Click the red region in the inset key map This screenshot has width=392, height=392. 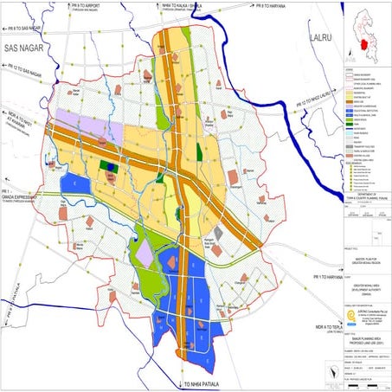tap(365, 34)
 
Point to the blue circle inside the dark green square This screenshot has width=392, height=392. tap(108, 162)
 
